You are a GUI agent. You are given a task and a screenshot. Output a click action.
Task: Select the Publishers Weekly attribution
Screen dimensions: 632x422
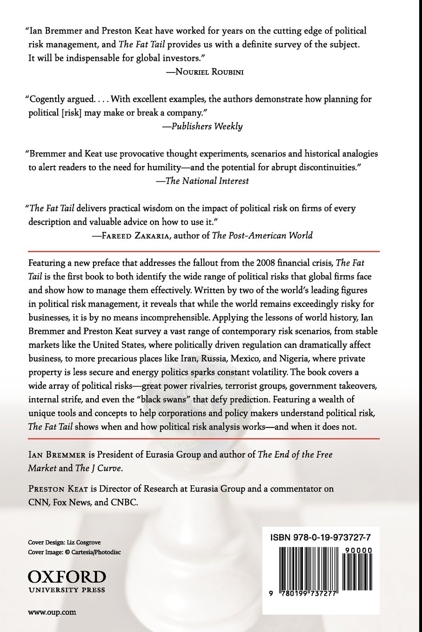click(x=207, y=126)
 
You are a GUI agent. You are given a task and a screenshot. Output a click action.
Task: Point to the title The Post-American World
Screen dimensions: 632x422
click(x=262, y=235)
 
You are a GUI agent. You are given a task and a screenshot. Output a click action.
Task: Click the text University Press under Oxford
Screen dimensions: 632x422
click(x=67, y=590)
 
